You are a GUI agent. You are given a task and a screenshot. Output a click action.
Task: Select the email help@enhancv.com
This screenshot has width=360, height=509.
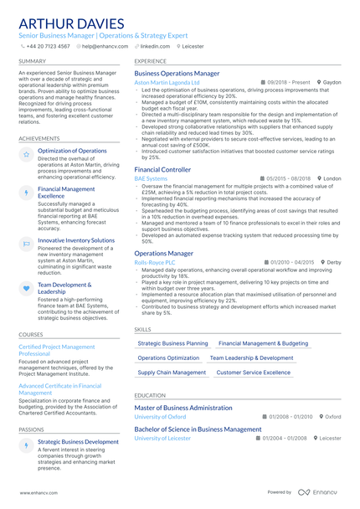102,46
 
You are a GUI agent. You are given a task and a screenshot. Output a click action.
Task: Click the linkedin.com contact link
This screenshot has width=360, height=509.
154,46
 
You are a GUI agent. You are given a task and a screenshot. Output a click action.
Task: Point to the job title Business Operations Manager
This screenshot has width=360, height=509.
177,74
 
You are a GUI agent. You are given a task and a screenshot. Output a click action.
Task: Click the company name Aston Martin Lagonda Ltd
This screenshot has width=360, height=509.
167,83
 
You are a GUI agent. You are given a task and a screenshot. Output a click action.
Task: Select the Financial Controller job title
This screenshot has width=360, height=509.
162,169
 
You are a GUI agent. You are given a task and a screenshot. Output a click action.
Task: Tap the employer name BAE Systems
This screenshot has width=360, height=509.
151,178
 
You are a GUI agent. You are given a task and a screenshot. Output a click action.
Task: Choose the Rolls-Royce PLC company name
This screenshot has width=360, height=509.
155,262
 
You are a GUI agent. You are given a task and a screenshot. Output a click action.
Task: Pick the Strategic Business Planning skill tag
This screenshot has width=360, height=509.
172,343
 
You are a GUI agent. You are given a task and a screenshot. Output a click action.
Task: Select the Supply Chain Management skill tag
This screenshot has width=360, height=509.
171,372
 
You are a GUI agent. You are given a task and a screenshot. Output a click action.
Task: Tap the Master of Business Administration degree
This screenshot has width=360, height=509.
183,408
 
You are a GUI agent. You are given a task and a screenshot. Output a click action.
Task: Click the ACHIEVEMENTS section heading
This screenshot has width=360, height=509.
39,138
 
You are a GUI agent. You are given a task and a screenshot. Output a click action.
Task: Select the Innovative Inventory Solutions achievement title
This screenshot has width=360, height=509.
76,240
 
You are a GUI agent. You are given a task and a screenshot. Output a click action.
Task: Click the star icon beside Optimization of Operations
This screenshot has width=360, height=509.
26,155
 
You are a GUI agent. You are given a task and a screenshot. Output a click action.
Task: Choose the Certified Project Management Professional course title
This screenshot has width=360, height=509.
56,350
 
